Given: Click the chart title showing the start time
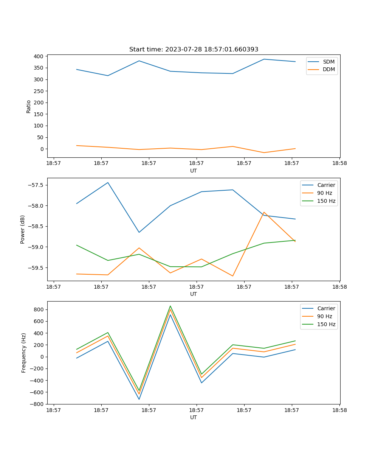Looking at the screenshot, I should click(x=194, y=50).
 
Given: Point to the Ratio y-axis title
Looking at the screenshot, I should click(x=28, y=107).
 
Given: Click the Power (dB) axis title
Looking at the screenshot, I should click(x=23, y=229).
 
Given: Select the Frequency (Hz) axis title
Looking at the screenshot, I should click(x=23, y=353).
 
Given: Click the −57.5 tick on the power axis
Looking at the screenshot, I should click(x=35, y=185).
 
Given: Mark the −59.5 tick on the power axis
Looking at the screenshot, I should click(x=35, y=268).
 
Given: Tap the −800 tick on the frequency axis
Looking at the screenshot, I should click(x=37, y=404).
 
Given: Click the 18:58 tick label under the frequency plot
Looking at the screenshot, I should click(x=339, y=410).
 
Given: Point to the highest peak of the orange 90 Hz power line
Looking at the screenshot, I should click(x=264, y=212).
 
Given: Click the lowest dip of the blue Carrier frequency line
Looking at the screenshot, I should click(x=139, y=399).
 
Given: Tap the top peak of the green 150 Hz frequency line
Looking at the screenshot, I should click(x=170, y=306).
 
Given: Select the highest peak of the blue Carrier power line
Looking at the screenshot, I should click(x=108, y=183).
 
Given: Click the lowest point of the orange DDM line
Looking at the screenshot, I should click(x=264, y=152).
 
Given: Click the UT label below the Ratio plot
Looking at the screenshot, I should click(x=194, y=171).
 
